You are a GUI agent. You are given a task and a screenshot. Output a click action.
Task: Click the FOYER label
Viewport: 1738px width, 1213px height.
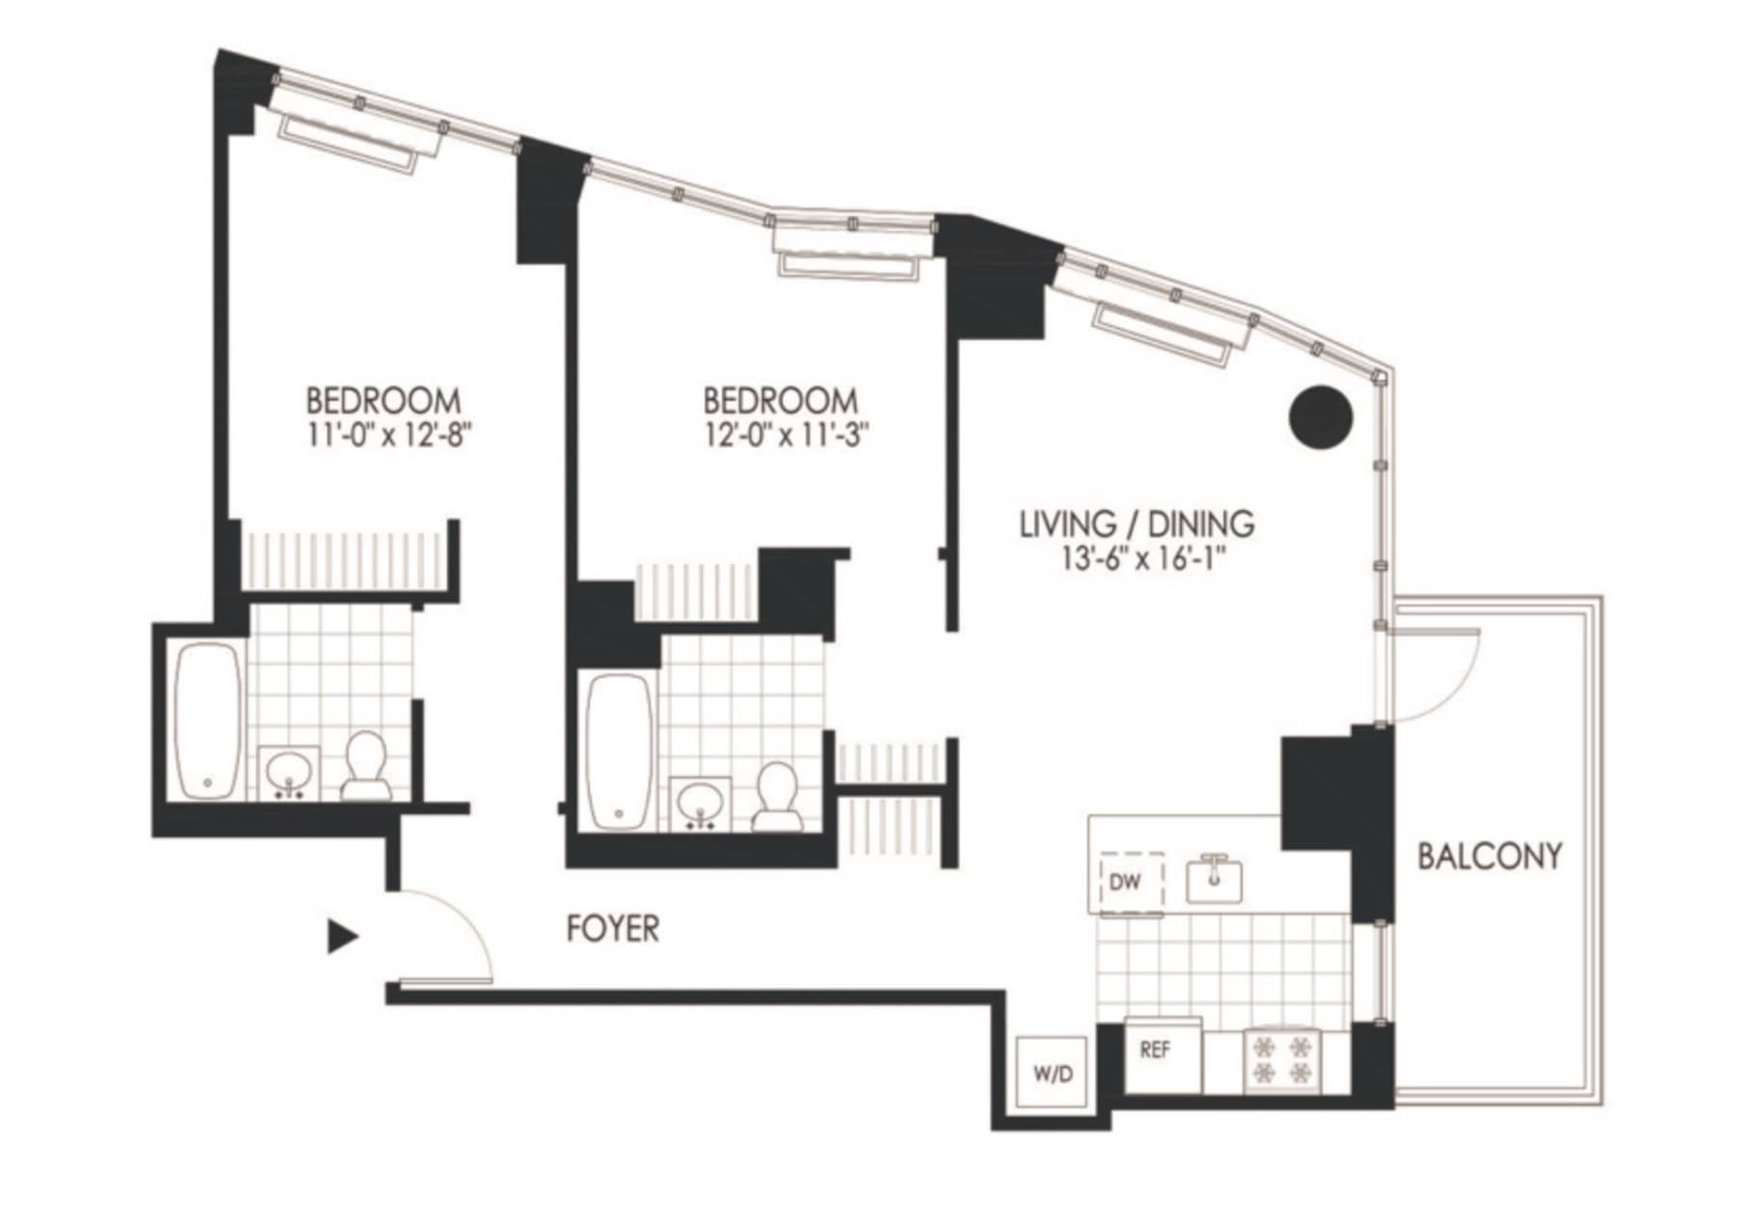tap(613, 929)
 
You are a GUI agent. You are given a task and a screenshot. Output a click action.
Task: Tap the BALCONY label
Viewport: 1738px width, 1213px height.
tap(1489, 856)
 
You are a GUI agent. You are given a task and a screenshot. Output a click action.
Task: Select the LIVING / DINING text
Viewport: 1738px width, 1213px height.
tap(1137, 524)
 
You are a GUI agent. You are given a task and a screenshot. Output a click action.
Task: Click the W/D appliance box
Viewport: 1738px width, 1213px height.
tap(1053, 1073)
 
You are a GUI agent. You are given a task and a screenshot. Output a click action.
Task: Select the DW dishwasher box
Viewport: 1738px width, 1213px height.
tap(1132, 882)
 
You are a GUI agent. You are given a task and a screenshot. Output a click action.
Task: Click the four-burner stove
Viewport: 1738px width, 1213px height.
tap(1282, 1059)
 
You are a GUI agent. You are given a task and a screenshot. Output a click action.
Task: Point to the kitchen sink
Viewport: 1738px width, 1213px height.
tap(1214, 878)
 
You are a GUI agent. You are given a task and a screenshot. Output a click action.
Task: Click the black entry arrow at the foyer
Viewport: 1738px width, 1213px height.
tap(343, 937)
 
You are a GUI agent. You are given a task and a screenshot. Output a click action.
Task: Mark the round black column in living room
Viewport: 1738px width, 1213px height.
tap(1321, 416)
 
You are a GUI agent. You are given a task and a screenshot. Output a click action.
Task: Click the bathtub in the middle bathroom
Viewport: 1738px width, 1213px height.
tap(620, 751)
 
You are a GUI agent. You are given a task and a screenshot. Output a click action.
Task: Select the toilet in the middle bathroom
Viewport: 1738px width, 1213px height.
tap(777, 797)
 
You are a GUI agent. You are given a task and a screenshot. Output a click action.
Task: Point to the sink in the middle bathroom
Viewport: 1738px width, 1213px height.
tap(699, 804)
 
